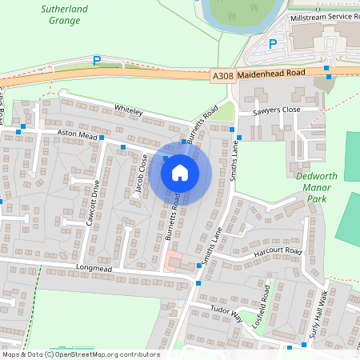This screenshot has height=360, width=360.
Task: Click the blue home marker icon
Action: click(180, 172)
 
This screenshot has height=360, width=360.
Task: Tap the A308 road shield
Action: click(222, 75)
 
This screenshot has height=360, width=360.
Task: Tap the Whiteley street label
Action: click(128, 110)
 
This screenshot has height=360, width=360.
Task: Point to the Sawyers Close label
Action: click(276, 110)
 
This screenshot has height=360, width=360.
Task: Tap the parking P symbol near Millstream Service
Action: click(272, 44)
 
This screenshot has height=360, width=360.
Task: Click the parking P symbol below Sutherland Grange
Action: click(97, 60)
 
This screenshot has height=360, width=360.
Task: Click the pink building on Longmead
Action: click(173, 259)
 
